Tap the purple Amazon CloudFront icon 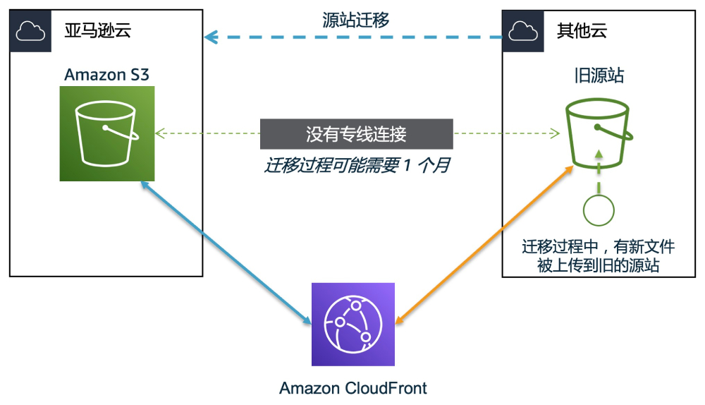pos(352,324)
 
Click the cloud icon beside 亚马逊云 pos(30,30)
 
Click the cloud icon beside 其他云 pos(522,30)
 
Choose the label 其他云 pos(582,30)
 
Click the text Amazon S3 pos(106,75)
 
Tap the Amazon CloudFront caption pos(352,388)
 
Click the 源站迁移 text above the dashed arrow pos(355,20)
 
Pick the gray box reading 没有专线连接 pos(356,133)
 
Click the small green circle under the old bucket pos(599,210)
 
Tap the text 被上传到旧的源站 pos(598,265)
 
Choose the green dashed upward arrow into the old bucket pos(599,170)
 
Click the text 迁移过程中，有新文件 pos(598,247)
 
